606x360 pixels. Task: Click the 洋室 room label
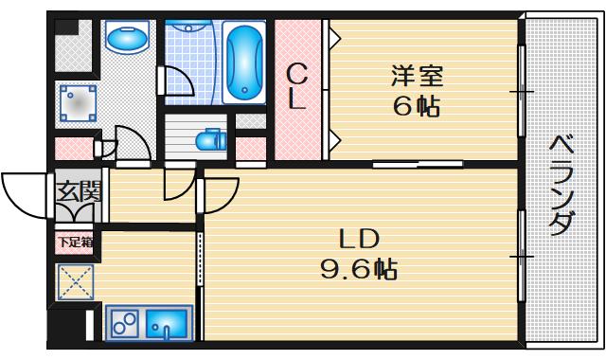(x=417, y=73)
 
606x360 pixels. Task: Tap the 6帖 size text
(x=417, y=105)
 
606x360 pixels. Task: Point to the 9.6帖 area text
(x=358, y=270)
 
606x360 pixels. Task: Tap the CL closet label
(x=297, y=85)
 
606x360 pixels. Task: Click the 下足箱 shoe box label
(x=75, y=242)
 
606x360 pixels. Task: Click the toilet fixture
(x=207, y=141)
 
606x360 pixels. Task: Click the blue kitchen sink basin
(x=167, y=326)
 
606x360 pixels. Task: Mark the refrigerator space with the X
(x=74, y=281)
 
